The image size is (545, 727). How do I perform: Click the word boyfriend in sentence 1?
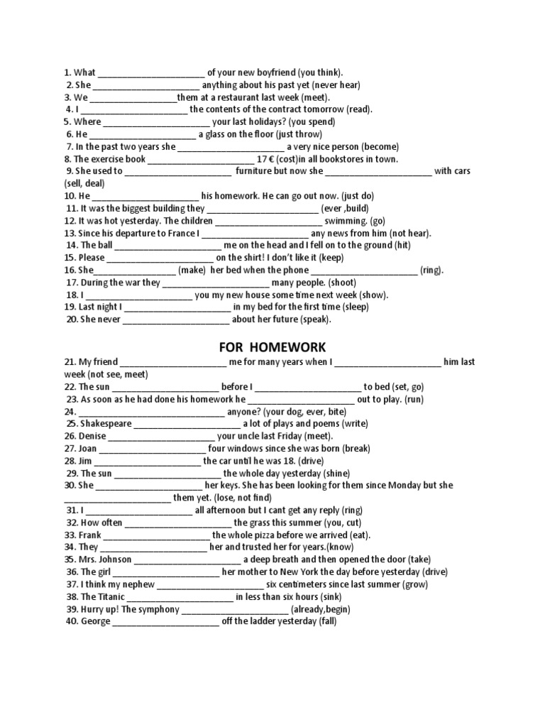tap(272, 72)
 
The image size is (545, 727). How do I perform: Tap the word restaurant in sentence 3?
tap(233, 97)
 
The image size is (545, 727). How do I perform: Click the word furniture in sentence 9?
tap(255, 171)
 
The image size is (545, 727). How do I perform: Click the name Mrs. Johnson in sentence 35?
tap(104, 559)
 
